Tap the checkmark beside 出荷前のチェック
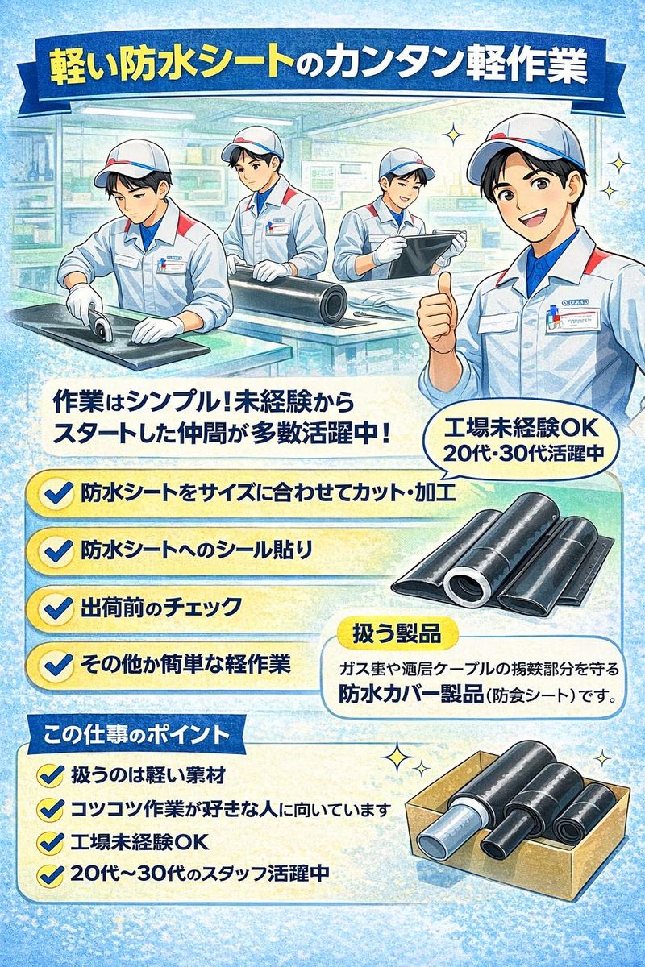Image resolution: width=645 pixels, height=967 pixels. [x=55, y=607]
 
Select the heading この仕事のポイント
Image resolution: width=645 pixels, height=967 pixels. [x=134, y=736]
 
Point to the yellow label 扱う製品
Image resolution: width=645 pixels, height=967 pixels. [x=397, y=633]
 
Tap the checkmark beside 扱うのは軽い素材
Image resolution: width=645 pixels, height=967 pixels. [x=52, y=776]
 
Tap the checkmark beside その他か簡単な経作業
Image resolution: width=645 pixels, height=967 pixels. [x=55, y=664]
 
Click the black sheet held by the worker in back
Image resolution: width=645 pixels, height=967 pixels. [x=423, y=254]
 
